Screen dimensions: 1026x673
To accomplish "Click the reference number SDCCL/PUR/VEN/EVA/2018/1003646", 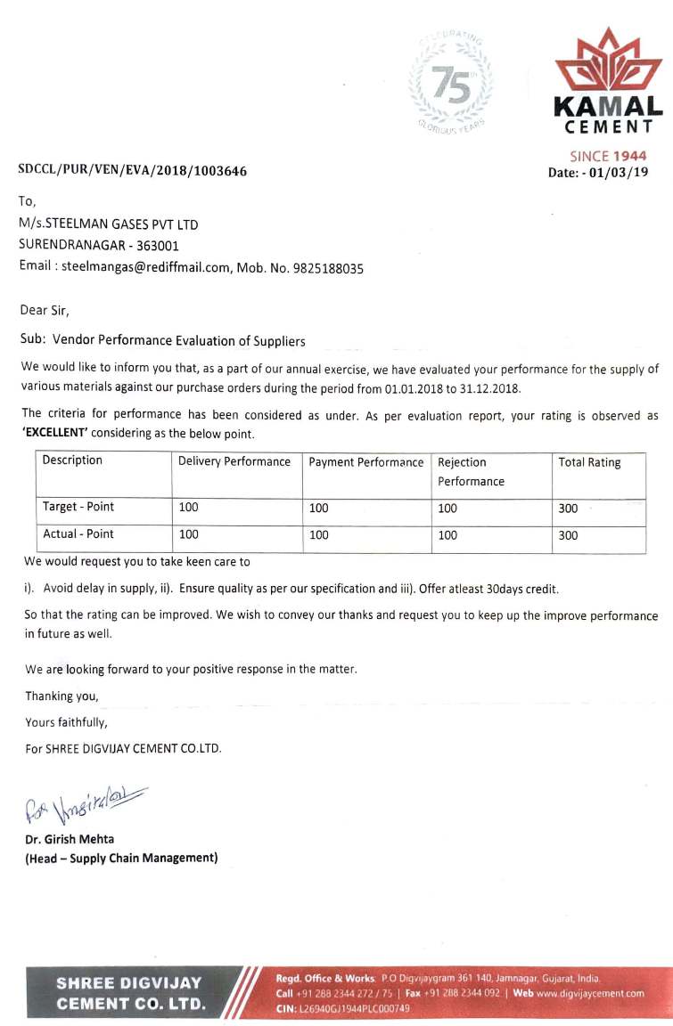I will point(133,171).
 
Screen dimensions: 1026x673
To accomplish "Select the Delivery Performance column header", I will point(234,461).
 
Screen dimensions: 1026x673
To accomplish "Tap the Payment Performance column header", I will point(366,462).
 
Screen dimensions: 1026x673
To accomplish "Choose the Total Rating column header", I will point(589,462).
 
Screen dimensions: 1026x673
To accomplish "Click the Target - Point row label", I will point(78,507).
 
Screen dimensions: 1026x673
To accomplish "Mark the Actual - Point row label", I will point(78,534).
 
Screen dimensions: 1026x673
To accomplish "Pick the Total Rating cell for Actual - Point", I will point(568,535).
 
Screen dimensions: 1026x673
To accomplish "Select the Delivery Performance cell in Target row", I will point(189,508).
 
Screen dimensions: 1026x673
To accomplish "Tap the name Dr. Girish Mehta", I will point(70,839).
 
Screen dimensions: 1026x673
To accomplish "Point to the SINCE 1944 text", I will point(608,156).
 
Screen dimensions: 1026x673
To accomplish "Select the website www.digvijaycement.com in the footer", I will point(590,993).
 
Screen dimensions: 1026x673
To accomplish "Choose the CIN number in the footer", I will point(343,1008).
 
